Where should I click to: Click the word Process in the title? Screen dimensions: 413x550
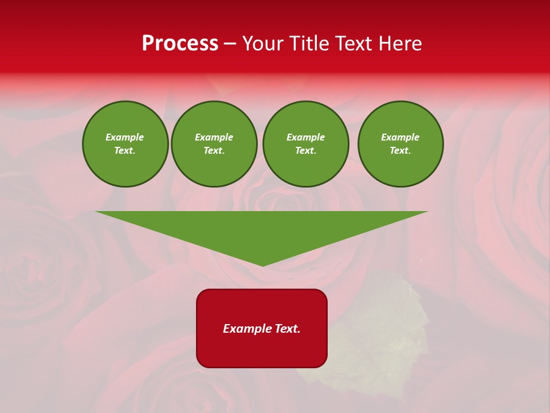coord(180,44)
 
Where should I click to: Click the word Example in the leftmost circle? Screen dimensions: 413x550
coord(125,137)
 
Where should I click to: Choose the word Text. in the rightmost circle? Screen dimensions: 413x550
coord(400,150)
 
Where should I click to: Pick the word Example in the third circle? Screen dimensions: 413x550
coord(305,137)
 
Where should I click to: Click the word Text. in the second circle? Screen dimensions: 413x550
coord(214,150)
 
